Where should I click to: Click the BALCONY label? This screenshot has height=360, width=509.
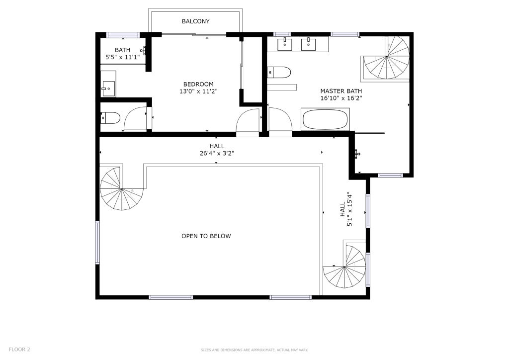[195, 21]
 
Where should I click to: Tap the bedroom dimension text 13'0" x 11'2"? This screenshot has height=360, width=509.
[198, 91]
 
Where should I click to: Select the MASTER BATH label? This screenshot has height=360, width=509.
[341, 91]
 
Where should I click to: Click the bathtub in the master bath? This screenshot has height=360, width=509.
[325, 119]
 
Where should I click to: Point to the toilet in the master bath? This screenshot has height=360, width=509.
[279, 73]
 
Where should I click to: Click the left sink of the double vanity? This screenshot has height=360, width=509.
[285, 44]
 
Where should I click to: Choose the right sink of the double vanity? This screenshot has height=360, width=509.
[308, 44]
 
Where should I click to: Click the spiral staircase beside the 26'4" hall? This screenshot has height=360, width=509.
[121, 188]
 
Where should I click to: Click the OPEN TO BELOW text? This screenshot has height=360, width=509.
[206, 236]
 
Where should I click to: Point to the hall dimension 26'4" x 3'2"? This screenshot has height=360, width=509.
[217, 153]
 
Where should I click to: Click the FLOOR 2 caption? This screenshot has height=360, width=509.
[19, 350]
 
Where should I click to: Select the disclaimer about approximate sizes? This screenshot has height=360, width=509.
[254, 350]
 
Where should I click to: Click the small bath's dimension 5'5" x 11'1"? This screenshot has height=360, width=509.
[123, 57]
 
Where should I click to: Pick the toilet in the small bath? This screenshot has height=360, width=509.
[110, 118]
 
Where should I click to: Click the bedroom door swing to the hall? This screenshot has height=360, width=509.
[248, 123]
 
